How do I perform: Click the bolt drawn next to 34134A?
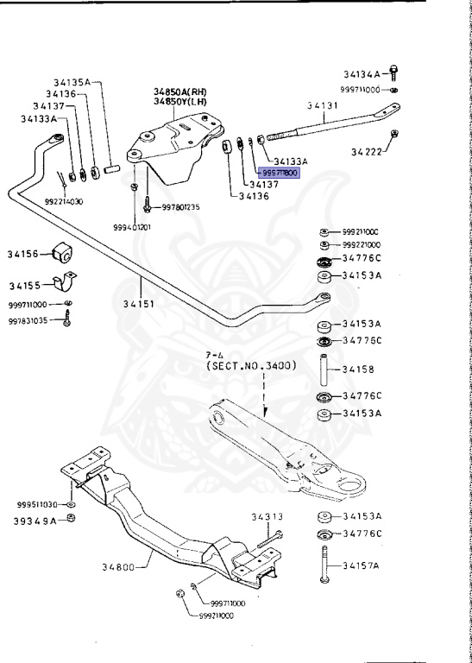[394, 73]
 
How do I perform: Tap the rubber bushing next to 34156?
[63, 253]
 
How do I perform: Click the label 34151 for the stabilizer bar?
[140, 304]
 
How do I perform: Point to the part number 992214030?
[64, 201]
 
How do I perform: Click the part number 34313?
[267, 517]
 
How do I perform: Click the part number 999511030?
[36, 504]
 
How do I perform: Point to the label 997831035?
[29, 320]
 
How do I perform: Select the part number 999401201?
[132, 227]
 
